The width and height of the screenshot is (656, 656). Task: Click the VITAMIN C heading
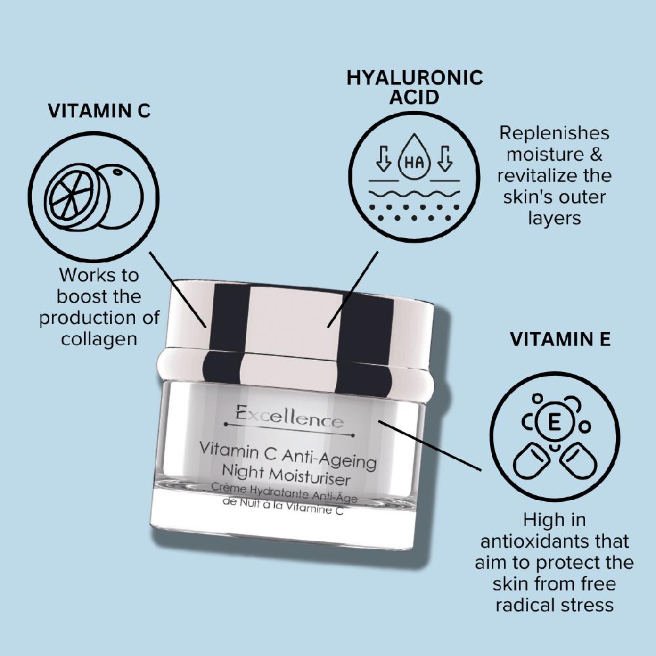tap(99, 110)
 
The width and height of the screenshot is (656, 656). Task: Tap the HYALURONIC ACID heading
tap(414, 87)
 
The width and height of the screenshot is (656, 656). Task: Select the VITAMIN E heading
tap(560, 339)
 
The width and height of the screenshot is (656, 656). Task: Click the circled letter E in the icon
tap(554, 423)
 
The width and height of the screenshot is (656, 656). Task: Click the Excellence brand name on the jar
tap(289, 416)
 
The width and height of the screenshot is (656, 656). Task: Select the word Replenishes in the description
tap(554, 133)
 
